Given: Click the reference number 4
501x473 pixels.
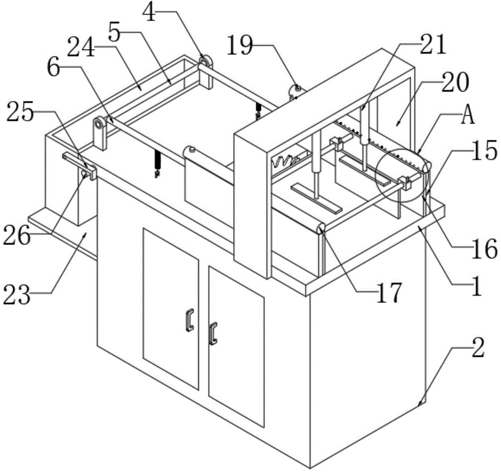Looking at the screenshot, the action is (149, 13).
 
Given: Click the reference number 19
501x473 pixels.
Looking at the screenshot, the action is (240, 45).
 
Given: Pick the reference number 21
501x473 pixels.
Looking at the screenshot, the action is (432, 44).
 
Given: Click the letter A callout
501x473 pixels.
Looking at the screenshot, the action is (468, 115).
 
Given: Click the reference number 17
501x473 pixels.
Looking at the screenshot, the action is (389, 293).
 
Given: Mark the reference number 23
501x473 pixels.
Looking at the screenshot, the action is (17, 294).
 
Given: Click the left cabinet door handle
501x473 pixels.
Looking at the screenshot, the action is (190, 320).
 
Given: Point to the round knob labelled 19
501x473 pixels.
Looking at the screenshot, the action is (295, 89).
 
